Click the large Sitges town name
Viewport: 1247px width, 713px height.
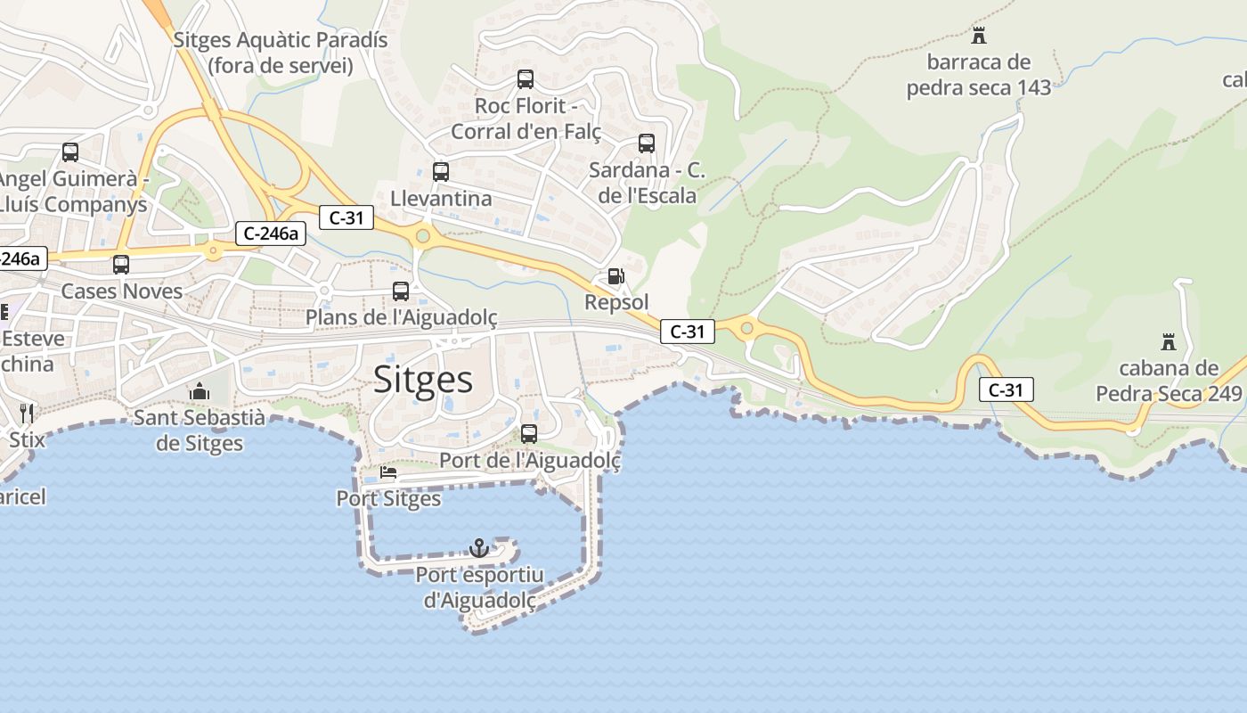point(423,379)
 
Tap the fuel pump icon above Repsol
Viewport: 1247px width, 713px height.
point(615,276)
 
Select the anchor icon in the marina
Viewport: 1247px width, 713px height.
point(479,547)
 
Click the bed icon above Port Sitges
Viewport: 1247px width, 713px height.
point(388,471)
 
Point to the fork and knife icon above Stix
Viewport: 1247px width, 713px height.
point(27,413)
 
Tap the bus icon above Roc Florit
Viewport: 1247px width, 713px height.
point(526,79)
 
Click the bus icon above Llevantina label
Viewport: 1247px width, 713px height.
point(440,171)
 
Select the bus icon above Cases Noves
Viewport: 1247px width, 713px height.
point(120,265)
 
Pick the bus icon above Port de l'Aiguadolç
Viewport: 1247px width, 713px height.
point(529,434)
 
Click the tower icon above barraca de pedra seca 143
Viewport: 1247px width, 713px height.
point(979,36)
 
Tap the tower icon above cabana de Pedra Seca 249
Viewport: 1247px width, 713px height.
point(1169,341)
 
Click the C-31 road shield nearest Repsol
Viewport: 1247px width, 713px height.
point(688,332)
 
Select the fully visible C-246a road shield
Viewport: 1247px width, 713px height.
point(272,234)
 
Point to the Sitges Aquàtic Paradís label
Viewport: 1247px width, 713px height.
point(281,53)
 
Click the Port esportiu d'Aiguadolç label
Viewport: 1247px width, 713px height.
point(479,588)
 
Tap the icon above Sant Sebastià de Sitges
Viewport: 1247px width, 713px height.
point(199,391)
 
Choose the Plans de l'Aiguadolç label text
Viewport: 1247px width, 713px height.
point(401,318)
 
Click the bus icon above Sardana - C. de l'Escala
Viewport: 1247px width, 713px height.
point(647,143)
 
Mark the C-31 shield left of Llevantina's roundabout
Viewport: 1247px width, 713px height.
point(346,217)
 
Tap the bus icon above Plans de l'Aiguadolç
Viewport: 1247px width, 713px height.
point(401,291)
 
